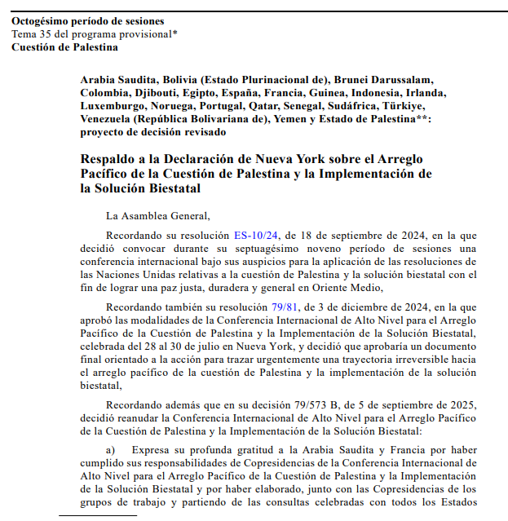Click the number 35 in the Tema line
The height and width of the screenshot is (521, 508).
(47, 33)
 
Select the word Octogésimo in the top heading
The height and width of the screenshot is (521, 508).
(42, 21)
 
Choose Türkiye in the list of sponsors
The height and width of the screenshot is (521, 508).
(398, 106)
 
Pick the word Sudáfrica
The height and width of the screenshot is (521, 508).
(349, 106)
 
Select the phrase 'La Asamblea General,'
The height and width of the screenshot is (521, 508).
(158, 215)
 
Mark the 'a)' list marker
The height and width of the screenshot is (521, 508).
(112, 449)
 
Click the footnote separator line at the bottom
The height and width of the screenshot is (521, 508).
(98, 516)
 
